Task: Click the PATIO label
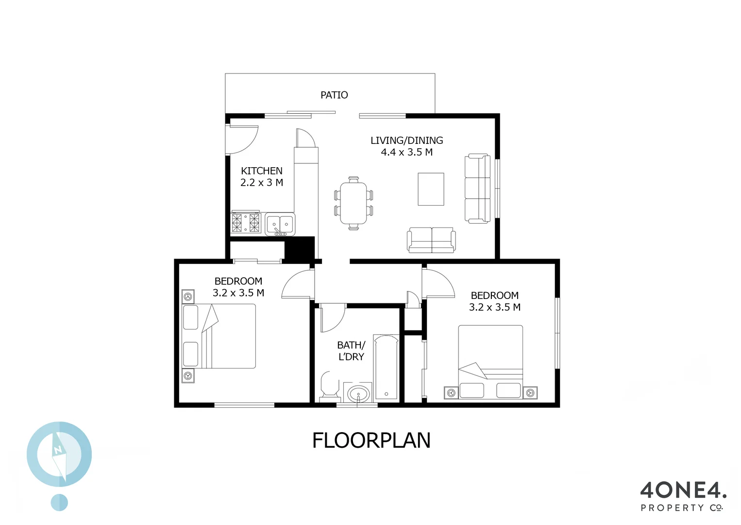pos(334,95)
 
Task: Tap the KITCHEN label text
pos(261,171)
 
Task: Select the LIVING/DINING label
pos(406,140)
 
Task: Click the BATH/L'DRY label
pos(351,350)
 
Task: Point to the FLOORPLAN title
pos(371,440)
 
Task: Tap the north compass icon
pos(59,455)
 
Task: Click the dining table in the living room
pos(353,203)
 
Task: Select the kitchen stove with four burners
pos(246,223)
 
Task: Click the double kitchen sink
pos(280,224)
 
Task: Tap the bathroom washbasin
pos(358,392)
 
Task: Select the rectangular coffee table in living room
pos(431,189)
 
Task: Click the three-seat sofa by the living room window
pos(478,189)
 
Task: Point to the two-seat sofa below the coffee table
pos(431,240)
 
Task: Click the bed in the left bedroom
pos(219,336)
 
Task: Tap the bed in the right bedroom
pos(490,362)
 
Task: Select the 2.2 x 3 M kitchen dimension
pos(261,183)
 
